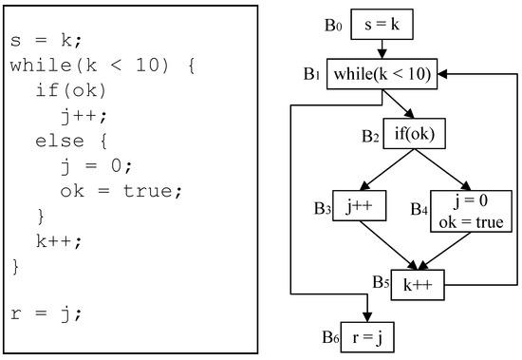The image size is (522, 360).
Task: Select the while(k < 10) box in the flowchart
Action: tap(381, 74)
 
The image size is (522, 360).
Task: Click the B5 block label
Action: tap(382, 282)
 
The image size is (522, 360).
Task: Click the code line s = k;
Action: tap(45, 42)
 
